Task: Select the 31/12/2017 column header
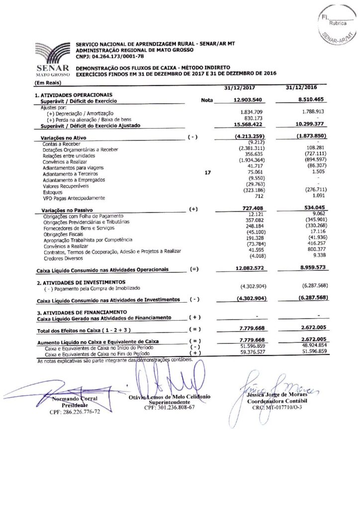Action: (240, 88)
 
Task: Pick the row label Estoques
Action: (53, 192)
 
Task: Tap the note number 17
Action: (208, 173)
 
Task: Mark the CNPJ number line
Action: (106, 56)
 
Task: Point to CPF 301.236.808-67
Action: (169, 407)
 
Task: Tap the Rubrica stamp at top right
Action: (339, 23)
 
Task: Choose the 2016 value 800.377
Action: (316, 250)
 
